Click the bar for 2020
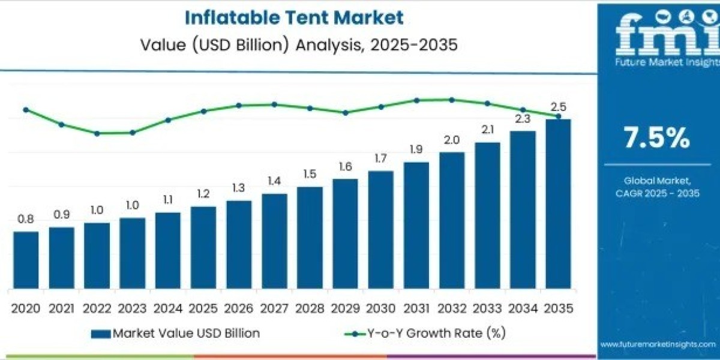pos(26,259)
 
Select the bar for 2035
pos(558,203)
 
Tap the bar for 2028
pos(310,237)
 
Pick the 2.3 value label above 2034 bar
pos(523,119)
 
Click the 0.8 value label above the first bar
pos(26,220)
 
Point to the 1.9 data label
pos(416,150)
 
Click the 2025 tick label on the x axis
pos(203,308)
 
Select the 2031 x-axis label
pos(416,308)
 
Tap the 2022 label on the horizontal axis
pos(97,308)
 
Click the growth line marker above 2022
pos(97,133)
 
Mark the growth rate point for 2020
pos(26,110)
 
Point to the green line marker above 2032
pos(452,100)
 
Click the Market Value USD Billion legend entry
pos(176,333)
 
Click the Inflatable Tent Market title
pos(294,17)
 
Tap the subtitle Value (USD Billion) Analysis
pos(294,45)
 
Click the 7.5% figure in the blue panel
pos(657,139)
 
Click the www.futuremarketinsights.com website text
pos(657,344)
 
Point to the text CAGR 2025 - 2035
pos(657,193)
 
